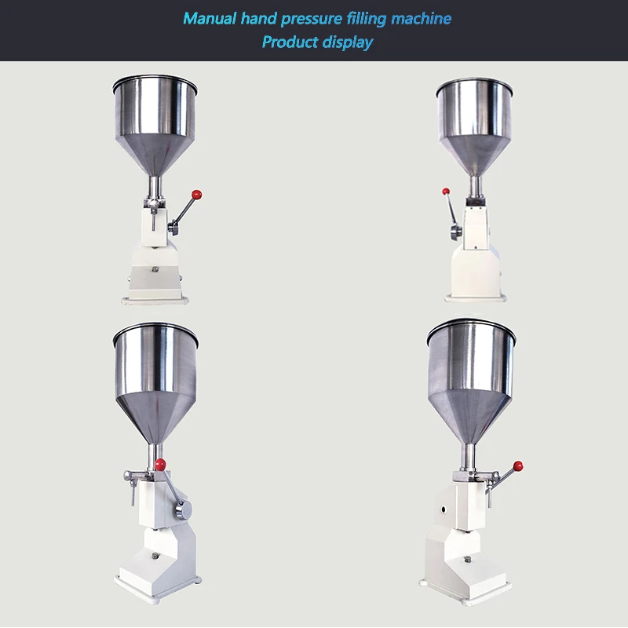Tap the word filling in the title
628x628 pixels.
[368, 18]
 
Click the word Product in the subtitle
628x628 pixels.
[288, 42]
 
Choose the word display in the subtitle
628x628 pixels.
[345, 42]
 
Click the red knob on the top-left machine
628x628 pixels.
[199, 192]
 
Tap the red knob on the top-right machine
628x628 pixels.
[446, 190]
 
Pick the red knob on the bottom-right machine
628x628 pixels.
[517, 466]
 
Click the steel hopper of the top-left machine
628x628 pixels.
[155, 122]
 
